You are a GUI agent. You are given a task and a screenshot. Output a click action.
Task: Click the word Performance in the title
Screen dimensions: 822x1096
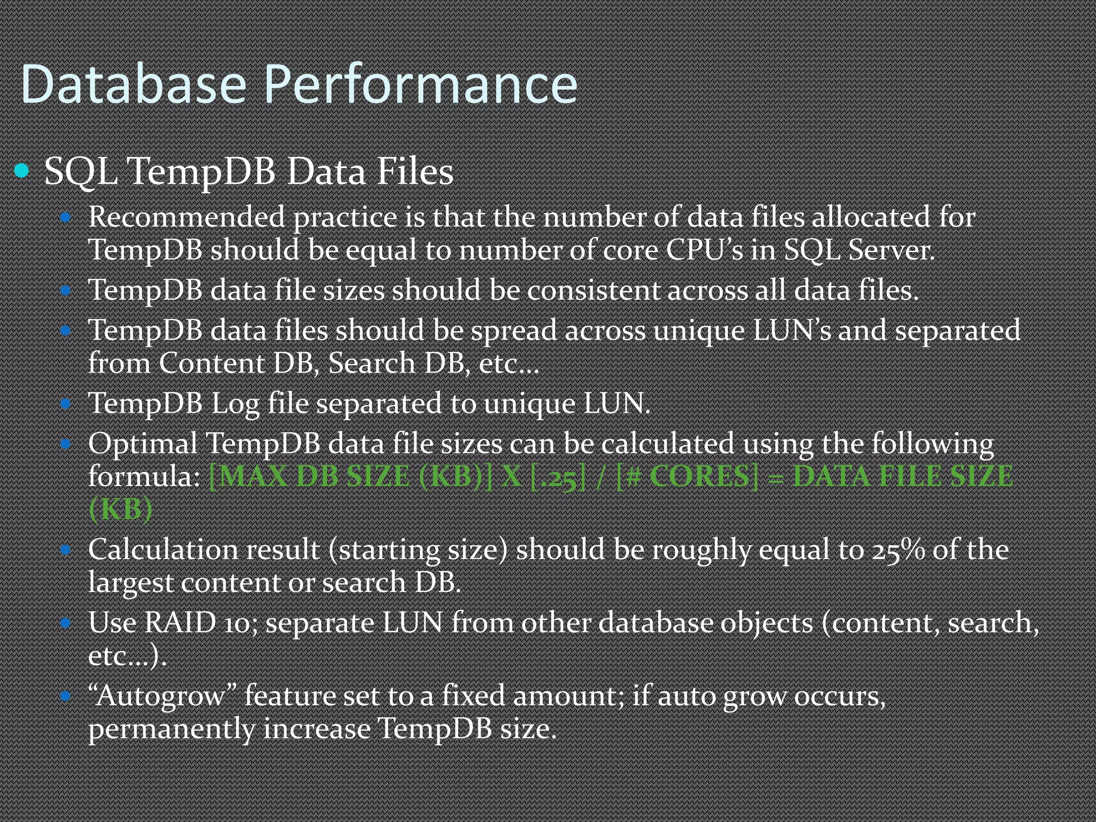(x=421, y=85)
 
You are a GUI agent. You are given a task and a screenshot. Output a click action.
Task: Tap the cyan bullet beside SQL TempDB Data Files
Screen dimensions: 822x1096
(x=22, y=171)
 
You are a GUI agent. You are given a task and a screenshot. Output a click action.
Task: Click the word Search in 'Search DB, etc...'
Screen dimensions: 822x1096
(x=372, y=363)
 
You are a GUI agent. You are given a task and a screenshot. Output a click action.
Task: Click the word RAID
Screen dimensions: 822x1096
(x=180, y=623)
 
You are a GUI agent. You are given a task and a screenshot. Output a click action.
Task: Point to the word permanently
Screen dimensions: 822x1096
(x=171, y=729)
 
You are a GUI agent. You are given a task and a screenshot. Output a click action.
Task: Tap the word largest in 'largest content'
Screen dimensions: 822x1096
(x=131, y=583)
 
